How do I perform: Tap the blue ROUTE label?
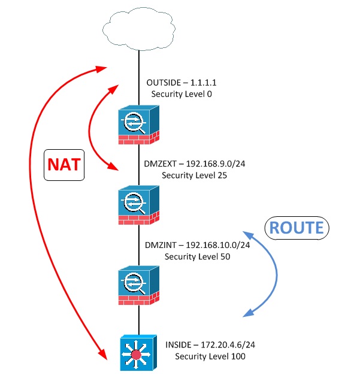(296, 228)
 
